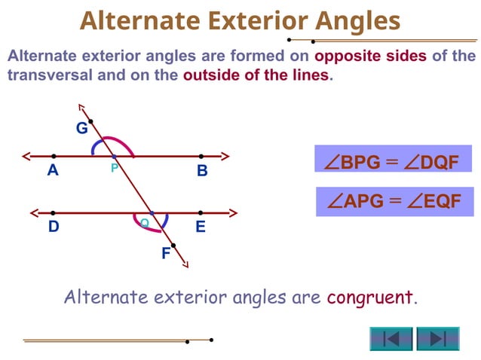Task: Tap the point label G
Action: tap(81, 128)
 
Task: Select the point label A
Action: tap(53, 170)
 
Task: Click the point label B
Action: tap(202, 171)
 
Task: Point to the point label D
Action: tap(54, 226)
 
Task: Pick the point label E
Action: tap(201, 226)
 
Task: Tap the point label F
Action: tap(166, 254)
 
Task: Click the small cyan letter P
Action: tap(114, 168)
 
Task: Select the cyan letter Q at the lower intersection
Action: tap(144, 222)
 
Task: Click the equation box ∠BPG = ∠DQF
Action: tap(391, 162)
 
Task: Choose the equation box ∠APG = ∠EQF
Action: tap(394, 201)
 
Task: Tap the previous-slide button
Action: tap(391, 338)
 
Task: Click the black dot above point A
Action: tap(53, 157)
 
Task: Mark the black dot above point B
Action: tap(201, 157)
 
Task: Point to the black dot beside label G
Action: tap(91, 121)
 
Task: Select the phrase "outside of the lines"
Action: tap(256, 75)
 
